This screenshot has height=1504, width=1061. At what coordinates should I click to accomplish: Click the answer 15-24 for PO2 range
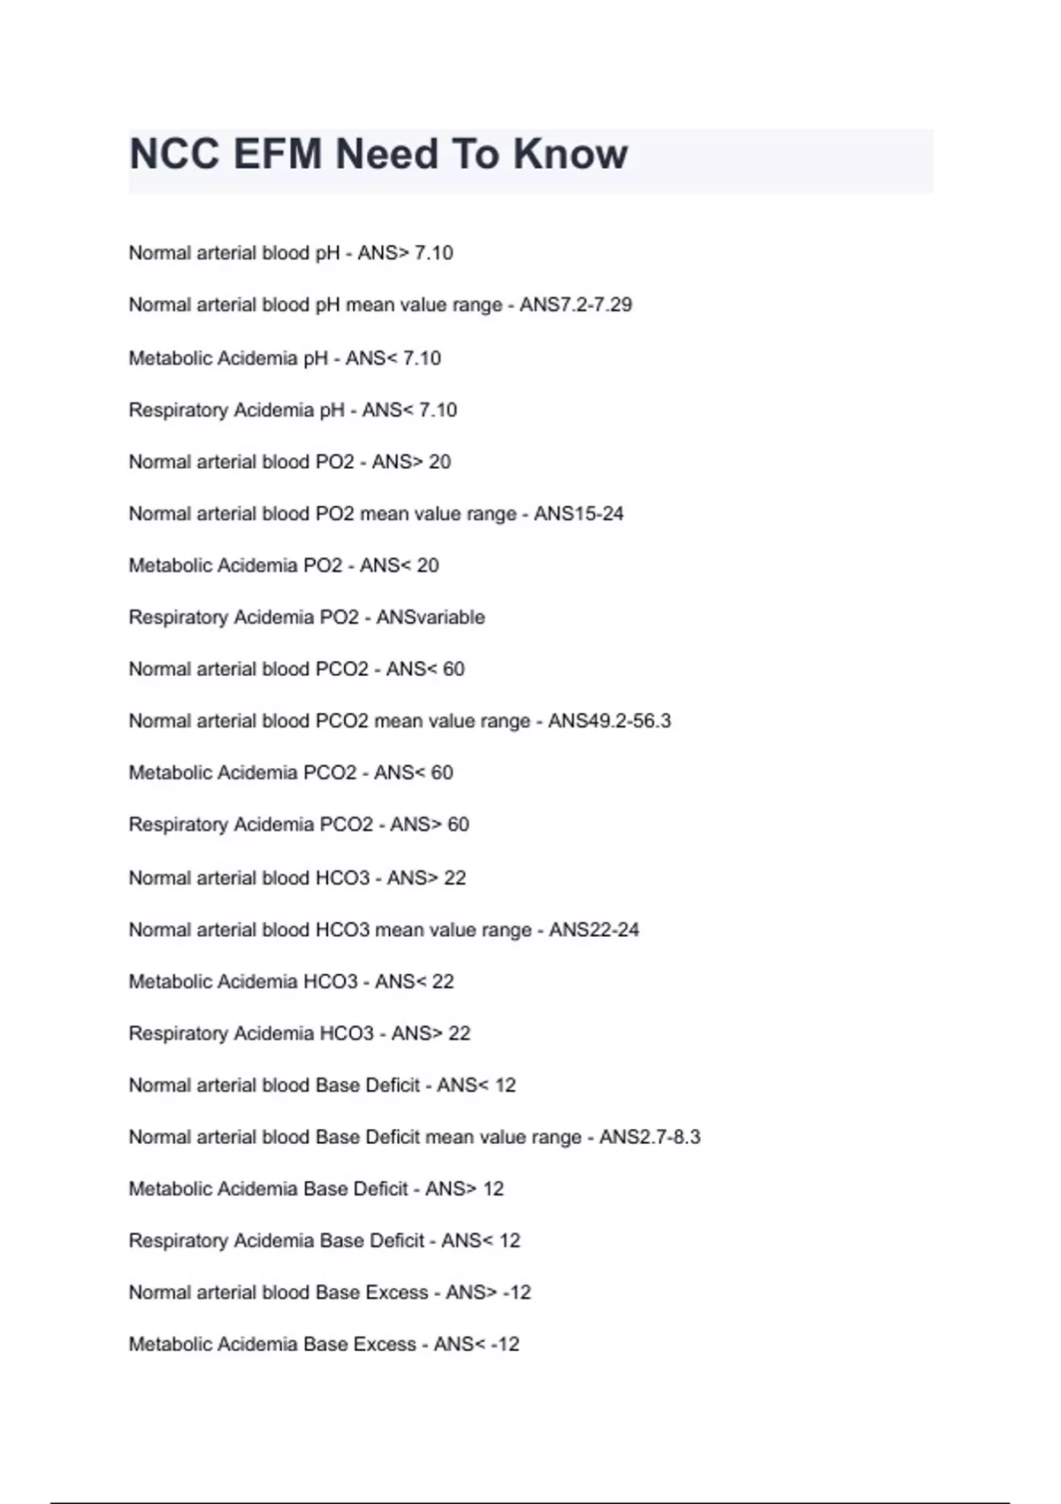tap(600, 514)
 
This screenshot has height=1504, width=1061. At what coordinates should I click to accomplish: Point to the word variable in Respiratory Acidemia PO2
tap(453, 618)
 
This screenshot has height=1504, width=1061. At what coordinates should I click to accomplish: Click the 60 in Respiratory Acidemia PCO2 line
tap(458, 825)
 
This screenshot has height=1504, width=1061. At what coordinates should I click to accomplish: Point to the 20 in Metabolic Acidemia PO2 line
tap(427, 565)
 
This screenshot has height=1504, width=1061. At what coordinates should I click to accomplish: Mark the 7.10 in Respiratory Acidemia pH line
tap(438, 411)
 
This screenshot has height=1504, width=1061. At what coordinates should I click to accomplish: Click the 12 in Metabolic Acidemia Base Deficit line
tap(492, 1189)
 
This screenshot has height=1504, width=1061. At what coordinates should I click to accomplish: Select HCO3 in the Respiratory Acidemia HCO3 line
tap(347, 1033)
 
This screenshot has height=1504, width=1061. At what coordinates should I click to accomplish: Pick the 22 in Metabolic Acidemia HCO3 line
tap(442, 982)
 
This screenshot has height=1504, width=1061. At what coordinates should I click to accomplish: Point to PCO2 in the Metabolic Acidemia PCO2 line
tap(330, 773)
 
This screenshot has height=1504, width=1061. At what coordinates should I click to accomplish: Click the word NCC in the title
tap(174, 154)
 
